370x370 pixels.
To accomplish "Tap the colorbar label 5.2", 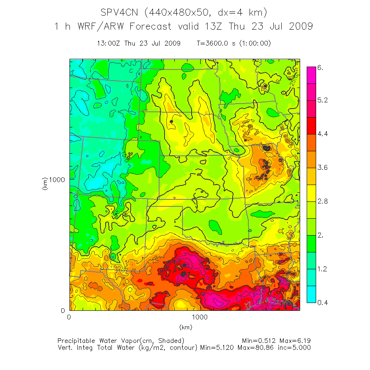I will [322, 100].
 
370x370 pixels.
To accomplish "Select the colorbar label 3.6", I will [322, 168].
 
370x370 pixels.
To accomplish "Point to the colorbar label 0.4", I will [322, 303].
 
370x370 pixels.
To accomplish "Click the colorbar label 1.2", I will [322, 269].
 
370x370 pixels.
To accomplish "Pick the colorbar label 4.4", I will [322, 134].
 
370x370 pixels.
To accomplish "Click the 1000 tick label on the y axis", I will [58, 179].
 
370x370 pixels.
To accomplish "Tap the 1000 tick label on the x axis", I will [200, 317].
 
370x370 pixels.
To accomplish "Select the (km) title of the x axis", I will [185, 327].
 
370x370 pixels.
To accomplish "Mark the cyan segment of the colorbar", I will [311, 294].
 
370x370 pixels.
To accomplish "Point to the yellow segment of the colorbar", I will [311, 193].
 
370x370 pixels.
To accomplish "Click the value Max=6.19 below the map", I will [295, 341].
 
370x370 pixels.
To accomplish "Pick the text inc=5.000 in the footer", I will [295, 348].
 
